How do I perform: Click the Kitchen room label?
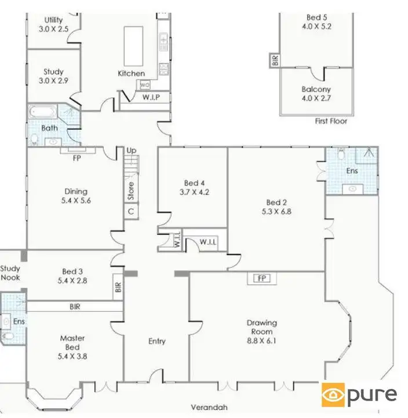[131, 73]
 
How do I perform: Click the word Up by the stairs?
[132, 151]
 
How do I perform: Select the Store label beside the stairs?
[132, 191]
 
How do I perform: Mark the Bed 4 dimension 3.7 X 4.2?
[192, 191]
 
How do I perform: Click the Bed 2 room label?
[276, 202]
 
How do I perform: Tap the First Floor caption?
[330, 121]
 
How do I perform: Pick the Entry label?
[156, 341]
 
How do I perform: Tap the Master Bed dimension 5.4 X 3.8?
[72, 356]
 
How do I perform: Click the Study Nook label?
[10, 273]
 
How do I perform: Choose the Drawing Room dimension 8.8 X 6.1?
[261, 341]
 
